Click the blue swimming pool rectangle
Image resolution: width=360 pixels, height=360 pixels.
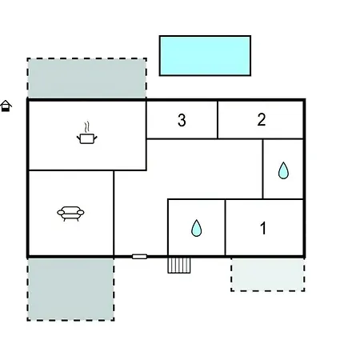click(205, 56)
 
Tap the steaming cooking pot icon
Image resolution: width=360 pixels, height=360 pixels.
click(86, 134)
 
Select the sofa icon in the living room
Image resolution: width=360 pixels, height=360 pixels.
click(70, 214)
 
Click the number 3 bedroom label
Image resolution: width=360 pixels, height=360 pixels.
click(182, 120)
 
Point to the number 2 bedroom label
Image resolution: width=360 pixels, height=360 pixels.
click(262, 119)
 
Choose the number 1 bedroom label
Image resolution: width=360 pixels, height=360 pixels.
click(263, 228)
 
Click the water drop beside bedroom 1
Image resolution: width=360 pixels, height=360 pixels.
click(197, 228)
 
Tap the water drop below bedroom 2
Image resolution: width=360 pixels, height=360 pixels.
click(283, 170)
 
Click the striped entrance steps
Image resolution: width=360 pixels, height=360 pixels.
click(179, 266)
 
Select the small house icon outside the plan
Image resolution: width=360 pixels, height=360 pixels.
click(6, 106)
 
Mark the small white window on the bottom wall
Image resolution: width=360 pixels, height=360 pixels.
click(139, 257)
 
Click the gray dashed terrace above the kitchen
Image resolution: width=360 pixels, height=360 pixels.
click(86, 78)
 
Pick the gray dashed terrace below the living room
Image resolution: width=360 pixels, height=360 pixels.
click(70, 290)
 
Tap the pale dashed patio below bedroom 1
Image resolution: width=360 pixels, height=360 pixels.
click(268, 274)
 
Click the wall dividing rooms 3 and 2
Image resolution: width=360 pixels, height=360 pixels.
click(218, 120)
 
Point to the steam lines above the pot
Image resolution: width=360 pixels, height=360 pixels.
click(86, 127)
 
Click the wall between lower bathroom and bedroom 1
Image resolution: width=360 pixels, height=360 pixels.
click(226, 227)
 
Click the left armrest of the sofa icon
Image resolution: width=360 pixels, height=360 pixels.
click(61, 213)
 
